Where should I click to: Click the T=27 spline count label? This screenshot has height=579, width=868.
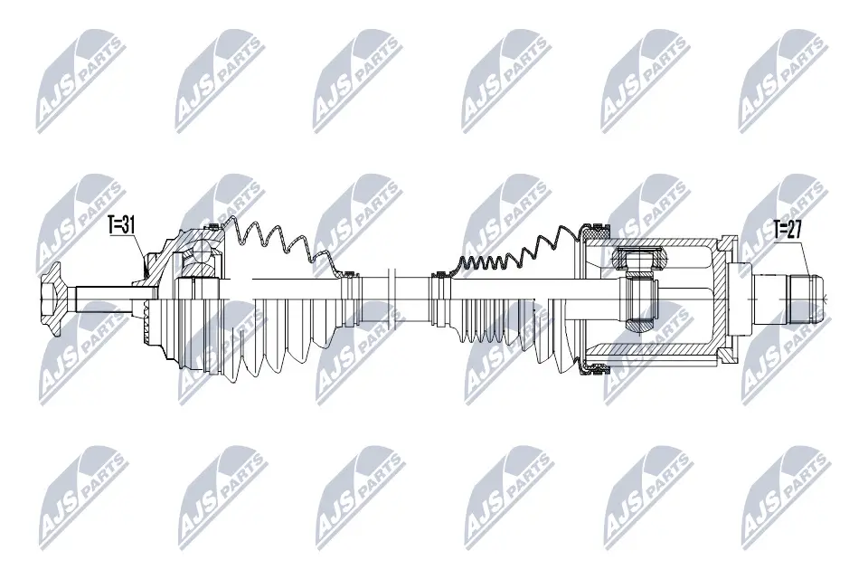pos(788,230)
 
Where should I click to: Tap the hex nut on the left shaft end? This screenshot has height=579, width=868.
pos(51,295)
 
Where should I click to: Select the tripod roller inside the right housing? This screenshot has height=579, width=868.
pos(640,261)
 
